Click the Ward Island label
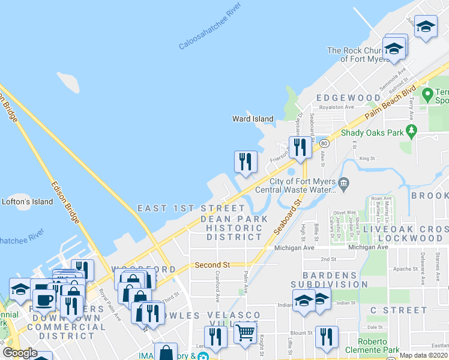click(x=253, y=119)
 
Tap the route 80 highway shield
click(x=324, y=143)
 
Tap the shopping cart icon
click(x=245, y=332)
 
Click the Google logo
click(x=19, y=353)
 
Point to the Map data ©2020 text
click(x=424, y=355)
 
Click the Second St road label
click(x=212, y=265)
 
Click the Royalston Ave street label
click(x=336, y=107)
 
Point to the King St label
click(x=366, y=159)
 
